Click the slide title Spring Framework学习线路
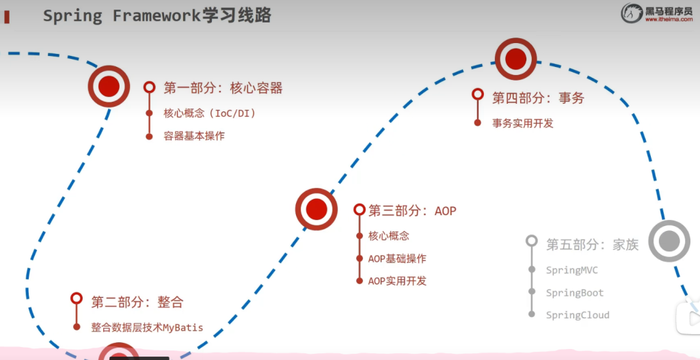coord(157,16)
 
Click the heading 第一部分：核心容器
coord(223,87)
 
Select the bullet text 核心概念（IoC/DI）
coord(209,113)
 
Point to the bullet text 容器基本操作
coord(193,135)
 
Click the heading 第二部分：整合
coord(137,301)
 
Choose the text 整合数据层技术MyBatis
coord(147,327)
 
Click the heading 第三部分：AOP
coord(412,210)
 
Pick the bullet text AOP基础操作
coord(396,258)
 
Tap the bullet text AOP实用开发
coord(396,281)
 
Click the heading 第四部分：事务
coord(538,98)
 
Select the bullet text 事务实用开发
coord(522,123)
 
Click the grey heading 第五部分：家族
coord(592,244)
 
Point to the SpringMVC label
coord(571,270)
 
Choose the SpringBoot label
coord(574,292)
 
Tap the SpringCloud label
coord(577,315)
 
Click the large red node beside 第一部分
coord(109,86)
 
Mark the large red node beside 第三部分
coord(316,209)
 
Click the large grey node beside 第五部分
coord(669,240)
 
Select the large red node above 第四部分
coord(515,59)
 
